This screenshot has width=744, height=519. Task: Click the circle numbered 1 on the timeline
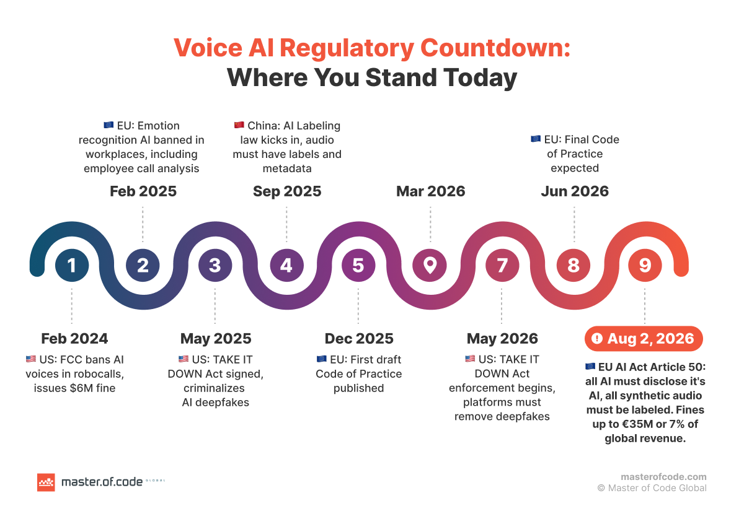point(72,266)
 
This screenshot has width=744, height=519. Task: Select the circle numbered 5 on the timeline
point(358,266)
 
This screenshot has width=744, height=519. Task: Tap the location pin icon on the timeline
point(430,266)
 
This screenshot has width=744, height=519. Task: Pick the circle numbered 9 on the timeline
point(645,266)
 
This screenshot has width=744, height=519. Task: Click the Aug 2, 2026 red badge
point(644,339)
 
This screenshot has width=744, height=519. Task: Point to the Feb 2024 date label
point(74,339)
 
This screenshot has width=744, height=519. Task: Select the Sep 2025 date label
point(287,191)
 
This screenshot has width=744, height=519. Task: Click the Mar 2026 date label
point(430,191)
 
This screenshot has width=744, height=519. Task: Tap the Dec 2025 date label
point(359,339)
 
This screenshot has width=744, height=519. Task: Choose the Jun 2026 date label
point(574,191)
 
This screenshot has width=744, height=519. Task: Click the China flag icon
point(239,126)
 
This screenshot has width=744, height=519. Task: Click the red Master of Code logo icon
point(46,482)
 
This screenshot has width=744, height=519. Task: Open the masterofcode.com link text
point(663,477)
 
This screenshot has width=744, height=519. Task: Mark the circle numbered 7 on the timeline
point(502,266)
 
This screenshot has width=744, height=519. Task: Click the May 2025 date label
point(216,339)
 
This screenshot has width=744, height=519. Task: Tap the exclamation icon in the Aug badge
point(597,339)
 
